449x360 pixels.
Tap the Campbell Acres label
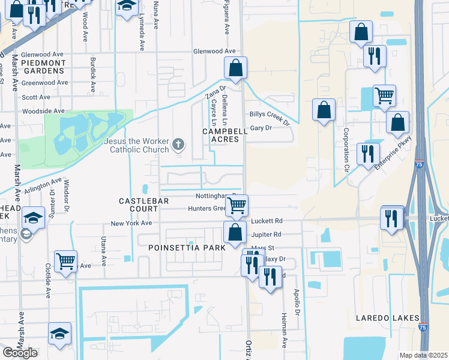click(x=220, y=135)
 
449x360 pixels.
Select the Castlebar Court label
click(x=139, y=204)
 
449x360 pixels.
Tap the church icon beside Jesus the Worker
click(x=177, y=144)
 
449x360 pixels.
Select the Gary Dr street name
click(x=261, y=128)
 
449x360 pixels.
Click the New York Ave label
click(x=131, y=223)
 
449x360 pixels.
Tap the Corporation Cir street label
click(x=346, y=148)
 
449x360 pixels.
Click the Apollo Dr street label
click(x=297, y=305)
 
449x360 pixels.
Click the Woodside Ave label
click(x=43, y=111)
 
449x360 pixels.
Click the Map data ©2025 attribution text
click(x=423, y=355)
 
